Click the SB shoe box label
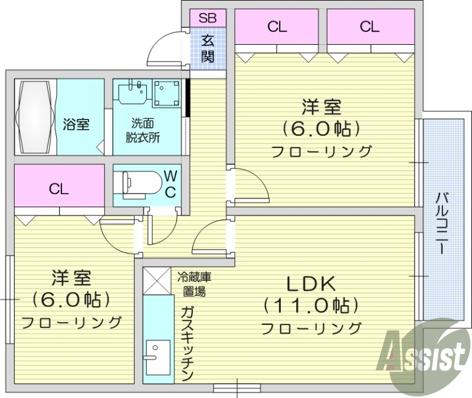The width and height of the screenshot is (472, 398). (208, 18)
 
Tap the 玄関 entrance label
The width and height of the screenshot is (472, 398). (208, 49)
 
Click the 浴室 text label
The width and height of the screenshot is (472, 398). (76, 125)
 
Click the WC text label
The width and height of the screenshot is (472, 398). (170, 183)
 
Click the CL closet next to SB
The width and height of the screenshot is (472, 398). (277, 26)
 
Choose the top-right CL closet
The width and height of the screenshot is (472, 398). (369, 26)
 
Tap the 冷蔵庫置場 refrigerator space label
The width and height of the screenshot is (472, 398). (194, 283)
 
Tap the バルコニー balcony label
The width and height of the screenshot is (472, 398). (441, 222)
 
